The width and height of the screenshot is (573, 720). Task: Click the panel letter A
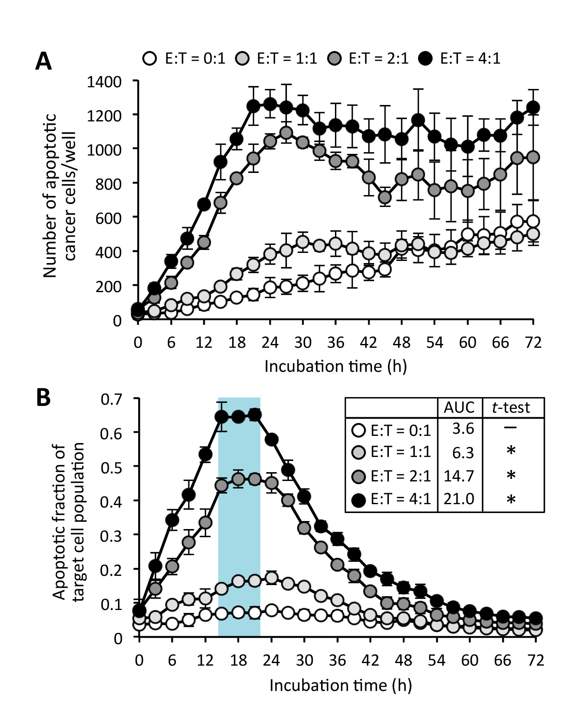coord(43,62)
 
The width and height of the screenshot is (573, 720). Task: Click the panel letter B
coord(43,397)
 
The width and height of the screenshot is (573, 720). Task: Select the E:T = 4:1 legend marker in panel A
coord(426,58)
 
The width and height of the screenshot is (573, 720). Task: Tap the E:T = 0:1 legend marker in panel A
coord(150,58)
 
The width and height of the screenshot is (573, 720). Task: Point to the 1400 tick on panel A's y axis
coord(104,81)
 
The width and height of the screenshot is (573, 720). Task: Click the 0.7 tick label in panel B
coord(111,399)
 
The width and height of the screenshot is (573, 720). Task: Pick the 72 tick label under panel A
coord(533,342)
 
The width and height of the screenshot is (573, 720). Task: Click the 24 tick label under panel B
coord(271,660)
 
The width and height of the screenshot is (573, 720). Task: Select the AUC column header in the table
coord(459,408)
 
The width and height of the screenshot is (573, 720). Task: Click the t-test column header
coord(511,408)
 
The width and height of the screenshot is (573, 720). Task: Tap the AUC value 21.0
coord(459,499)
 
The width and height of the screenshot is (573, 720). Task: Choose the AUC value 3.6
coord(463,429)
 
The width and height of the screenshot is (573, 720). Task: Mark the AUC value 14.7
coord(459,476)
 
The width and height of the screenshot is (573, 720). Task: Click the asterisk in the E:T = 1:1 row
coord(511,451)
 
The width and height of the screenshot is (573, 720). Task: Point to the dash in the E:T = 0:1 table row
coord(510,428)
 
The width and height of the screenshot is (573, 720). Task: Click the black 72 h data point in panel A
coord(533,107)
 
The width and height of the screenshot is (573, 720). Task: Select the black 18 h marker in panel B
coord(238,417)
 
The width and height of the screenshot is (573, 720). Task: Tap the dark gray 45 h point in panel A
coord(385,197)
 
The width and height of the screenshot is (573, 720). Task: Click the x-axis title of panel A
coord(335,366)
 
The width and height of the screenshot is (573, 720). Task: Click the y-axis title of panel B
coord(68,521)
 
